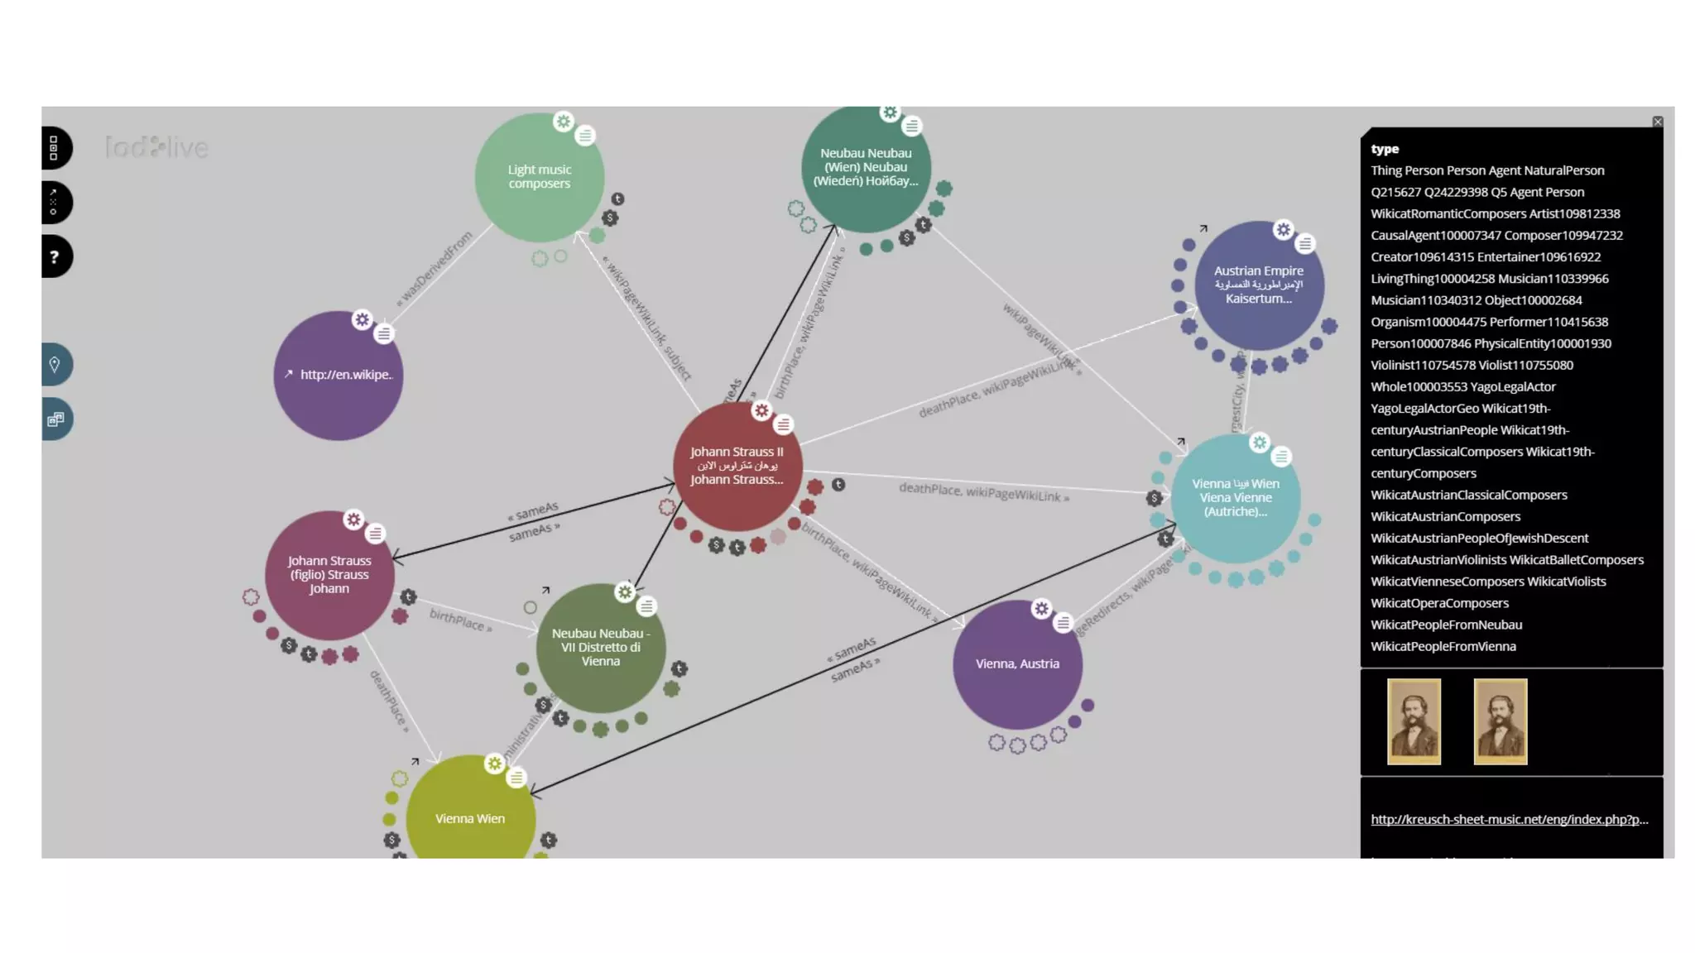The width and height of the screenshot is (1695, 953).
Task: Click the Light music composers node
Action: pos(539,177)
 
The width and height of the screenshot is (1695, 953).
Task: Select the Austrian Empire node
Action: pos(1258,285)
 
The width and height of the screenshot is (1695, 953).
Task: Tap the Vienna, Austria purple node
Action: pos(1017,664)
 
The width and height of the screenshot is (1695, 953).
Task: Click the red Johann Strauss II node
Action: pos(737,467)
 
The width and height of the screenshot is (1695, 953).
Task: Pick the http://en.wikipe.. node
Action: pos(338,376)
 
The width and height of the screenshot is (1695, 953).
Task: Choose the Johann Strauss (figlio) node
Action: pos(329,575)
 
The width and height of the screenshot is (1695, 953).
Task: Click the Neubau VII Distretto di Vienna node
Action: pos(600,648)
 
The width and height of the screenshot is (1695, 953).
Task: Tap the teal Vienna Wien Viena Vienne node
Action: pos(1235,498)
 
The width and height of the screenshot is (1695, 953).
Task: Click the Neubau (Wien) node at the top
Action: pos(866,168)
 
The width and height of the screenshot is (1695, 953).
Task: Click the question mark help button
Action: pos(55,257)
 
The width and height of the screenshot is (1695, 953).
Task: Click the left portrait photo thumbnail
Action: pos(1414,721)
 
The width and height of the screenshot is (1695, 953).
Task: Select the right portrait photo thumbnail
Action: pos(1500,721)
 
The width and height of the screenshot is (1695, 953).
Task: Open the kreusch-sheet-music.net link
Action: pos(1509,820)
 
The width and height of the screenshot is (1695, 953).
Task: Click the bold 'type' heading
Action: pos(1385,150)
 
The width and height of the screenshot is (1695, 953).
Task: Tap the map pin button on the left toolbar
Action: pos(55,365)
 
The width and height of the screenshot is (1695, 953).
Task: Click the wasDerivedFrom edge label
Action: pos(435,268)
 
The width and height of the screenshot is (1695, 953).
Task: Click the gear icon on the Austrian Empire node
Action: pos(1283,230)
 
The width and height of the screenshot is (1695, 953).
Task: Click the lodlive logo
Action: pos(156,148)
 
